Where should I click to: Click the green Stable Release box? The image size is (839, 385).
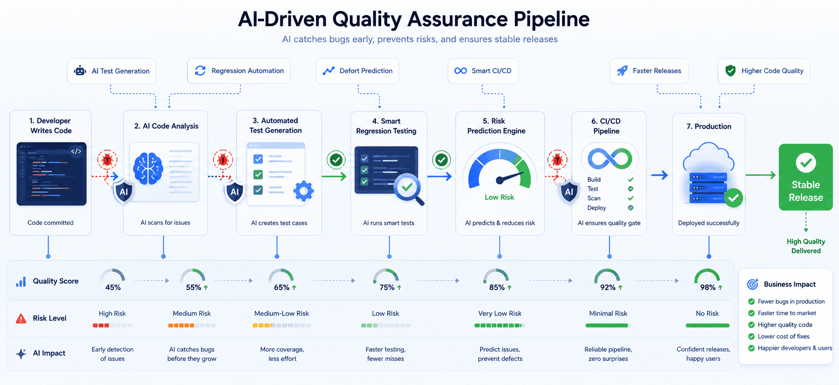[x=805, y=177]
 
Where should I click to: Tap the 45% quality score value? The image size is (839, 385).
[x=113, y=288]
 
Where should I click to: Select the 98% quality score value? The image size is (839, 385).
[x=708, y=288]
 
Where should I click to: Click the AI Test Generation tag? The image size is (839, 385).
[x=111, y=71]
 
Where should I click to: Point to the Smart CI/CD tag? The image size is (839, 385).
[x=483, y=71]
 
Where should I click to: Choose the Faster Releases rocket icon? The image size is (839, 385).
[x=623, y=71]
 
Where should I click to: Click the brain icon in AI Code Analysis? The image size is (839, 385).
[x=148, y=168]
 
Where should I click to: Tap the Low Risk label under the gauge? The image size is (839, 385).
[x=499, y=197]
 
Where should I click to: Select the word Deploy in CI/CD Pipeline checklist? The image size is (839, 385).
[x=597, y=208]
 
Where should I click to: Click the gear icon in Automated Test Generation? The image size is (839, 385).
[x=303, y=191]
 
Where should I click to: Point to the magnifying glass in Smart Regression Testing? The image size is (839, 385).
[x=409, y=190]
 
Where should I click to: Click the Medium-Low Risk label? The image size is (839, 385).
[x=282, y=313]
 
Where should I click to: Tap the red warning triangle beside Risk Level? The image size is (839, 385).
[x=21, y=319]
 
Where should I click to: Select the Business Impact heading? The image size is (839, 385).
[x=790, y=284]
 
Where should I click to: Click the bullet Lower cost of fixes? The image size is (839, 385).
[x=783, y=336]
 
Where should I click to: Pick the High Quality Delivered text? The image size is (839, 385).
[x=806, y=246]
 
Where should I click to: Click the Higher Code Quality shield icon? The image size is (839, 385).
[x=730, y=71]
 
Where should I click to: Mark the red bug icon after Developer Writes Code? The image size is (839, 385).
[x=107, y=160]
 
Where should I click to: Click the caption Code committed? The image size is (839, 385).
[x=50, y=223]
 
